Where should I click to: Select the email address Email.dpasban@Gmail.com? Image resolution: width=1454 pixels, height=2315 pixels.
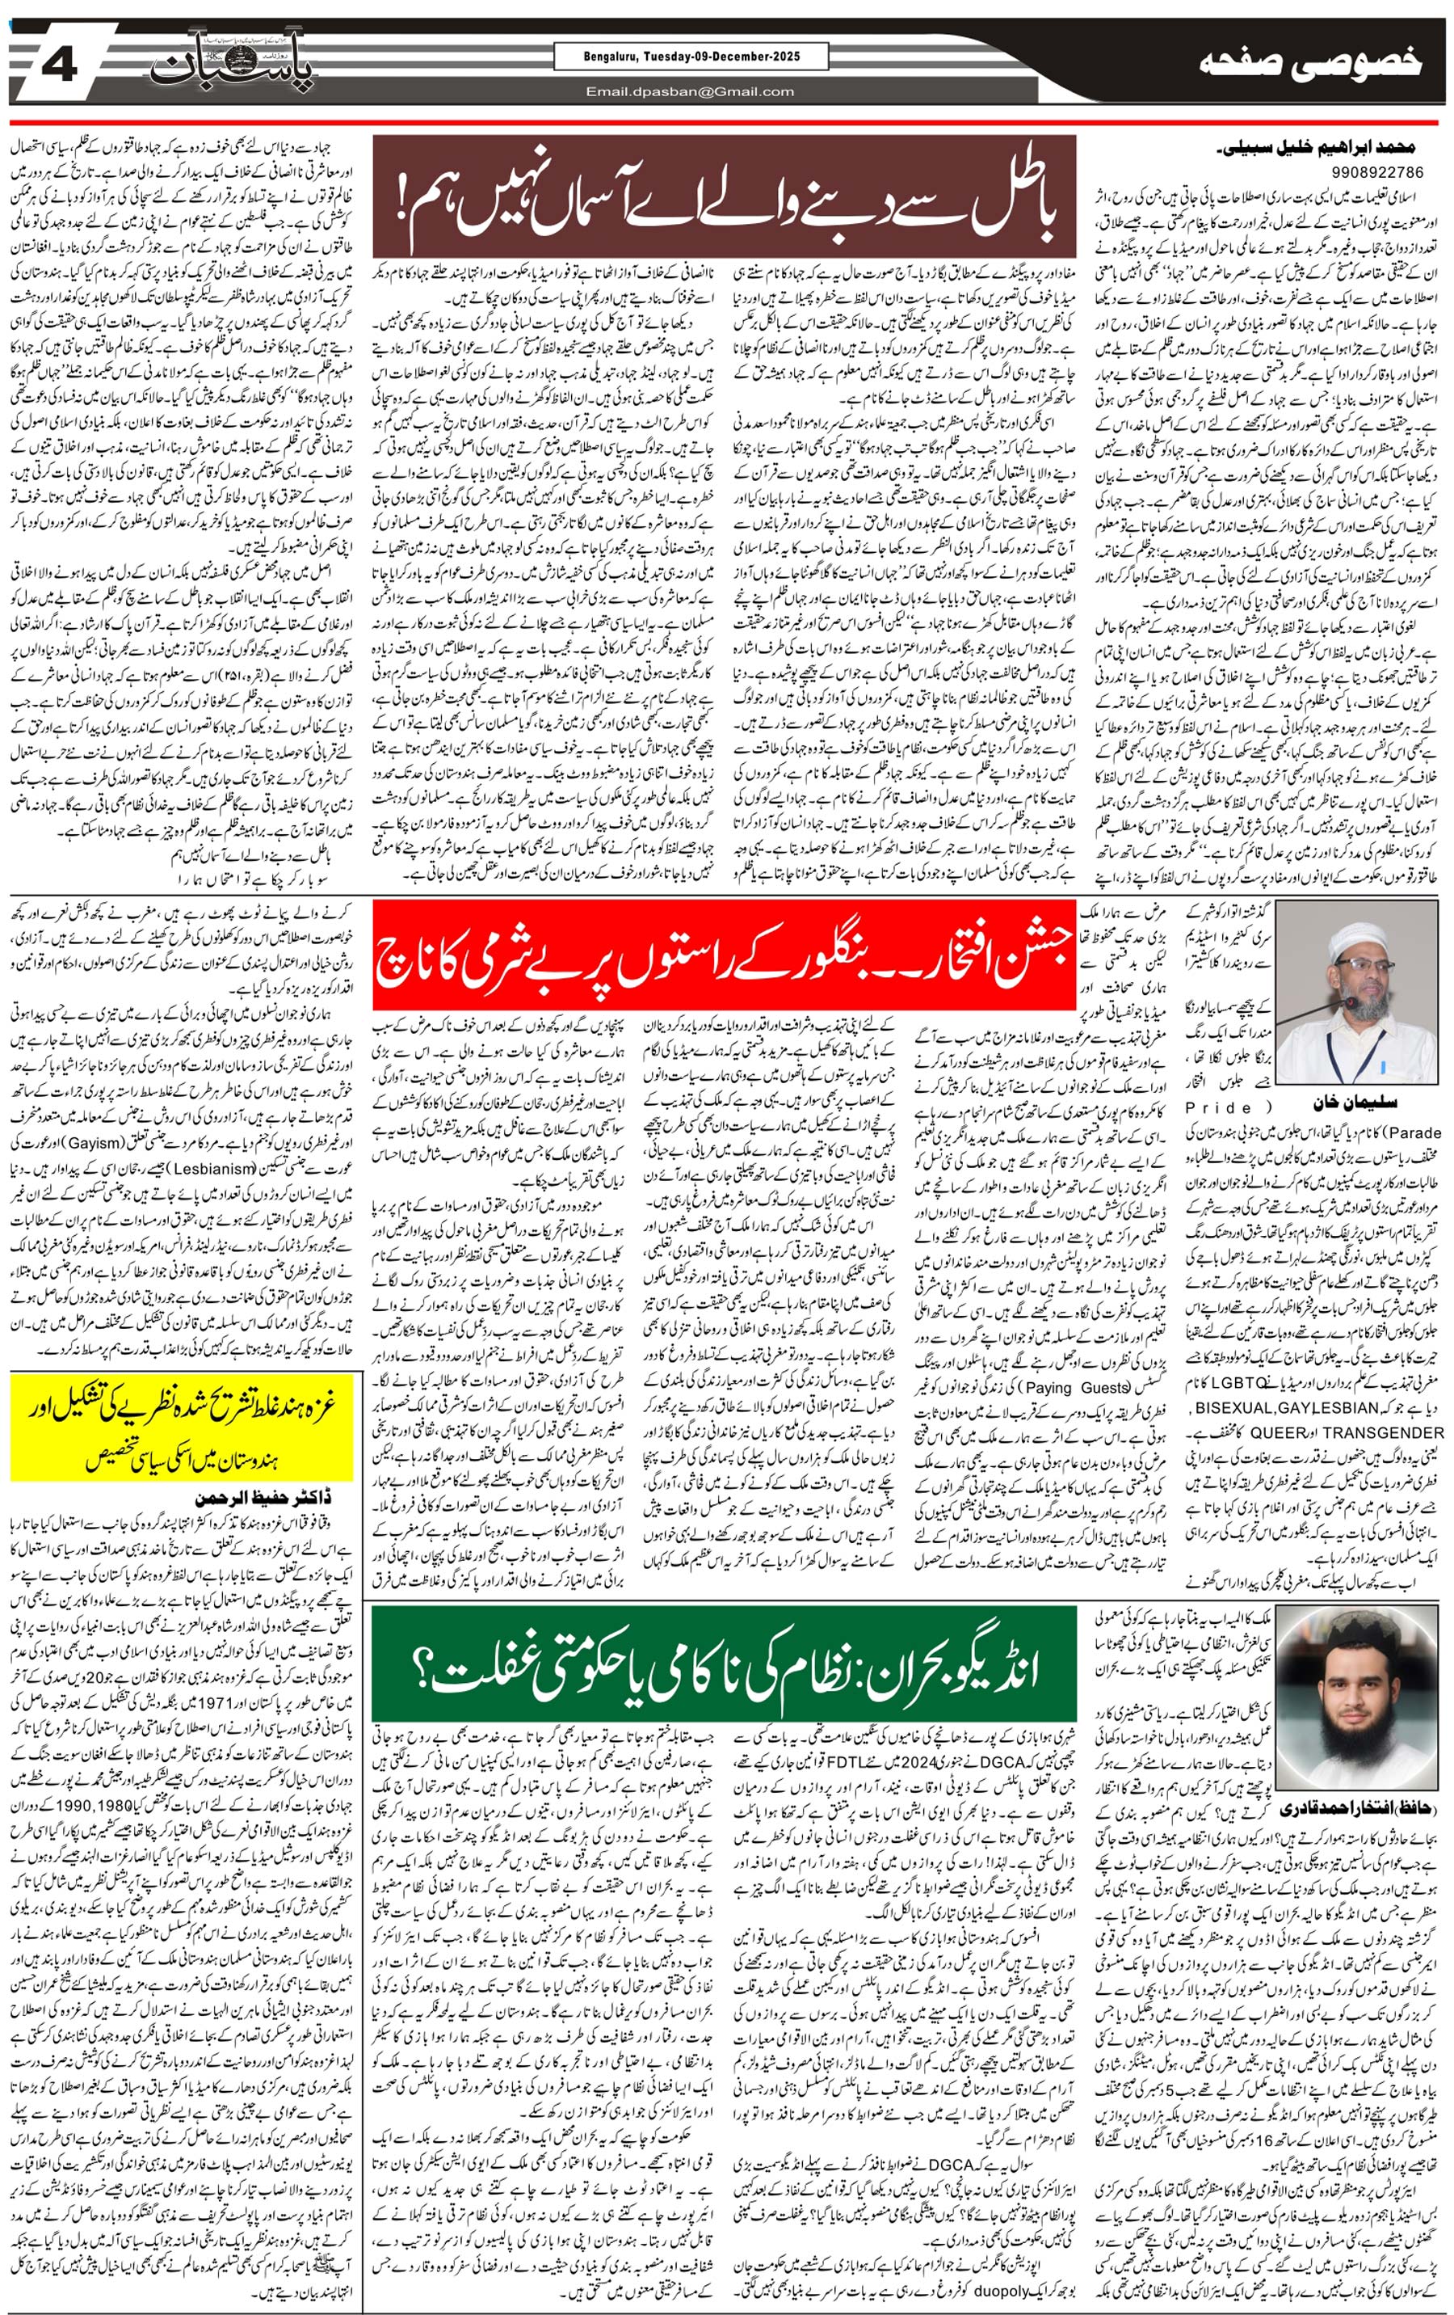pos(691,91)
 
